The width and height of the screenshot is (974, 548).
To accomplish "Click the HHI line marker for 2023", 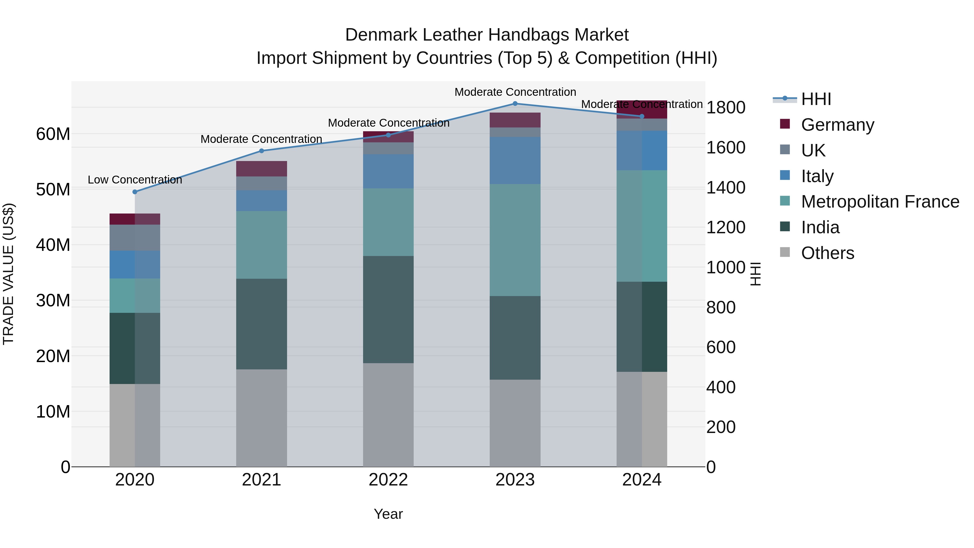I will (x=515, y=104).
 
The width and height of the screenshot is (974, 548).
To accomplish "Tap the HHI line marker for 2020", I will (x=135, y=192).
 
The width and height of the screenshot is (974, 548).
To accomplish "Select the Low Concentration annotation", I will (x=135, y=180).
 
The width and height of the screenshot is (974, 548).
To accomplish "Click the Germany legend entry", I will (x=837, y=125).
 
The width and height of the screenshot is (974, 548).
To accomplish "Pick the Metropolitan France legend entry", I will (x=880, y=202).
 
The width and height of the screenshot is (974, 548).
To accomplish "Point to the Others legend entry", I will (x=827, y=253).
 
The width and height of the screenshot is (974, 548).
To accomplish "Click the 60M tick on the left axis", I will (x=53, y=134).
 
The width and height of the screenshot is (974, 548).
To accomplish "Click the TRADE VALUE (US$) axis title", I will (x=8, y=274).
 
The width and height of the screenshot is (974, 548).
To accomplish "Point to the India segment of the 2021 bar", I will (x=262, y=324).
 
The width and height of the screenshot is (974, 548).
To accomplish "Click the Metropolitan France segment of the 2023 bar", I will (x=515, y=240).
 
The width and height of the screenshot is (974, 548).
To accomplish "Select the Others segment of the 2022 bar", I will (x=388, y=415).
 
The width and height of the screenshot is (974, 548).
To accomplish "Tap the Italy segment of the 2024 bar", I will (x=642, y=150).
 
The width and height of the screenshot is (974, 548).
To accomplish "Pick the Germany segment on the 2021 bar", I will (x=262, y=169).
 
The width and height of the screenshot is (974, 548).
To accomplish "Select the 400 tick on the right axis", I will (x=721, y=387).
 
